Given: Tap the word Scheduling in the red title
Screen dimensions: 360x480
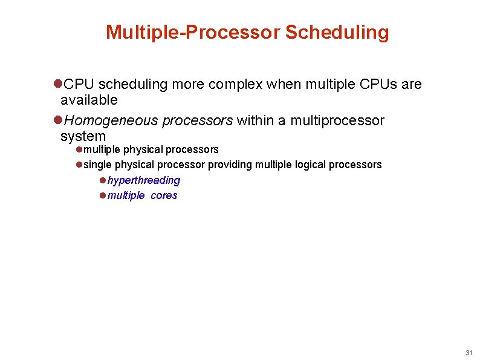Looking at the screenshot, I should point(337,32).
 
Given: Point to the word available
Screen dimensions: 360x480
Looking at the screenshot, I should point(89,99).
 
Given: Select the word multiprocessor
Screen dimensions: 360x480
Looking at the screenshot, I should point(337,121).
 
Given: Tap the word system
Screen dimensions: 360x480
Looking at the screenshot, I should point(83,136).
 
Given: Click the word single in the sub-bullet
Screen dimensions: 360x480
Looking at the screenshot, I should point(97,165).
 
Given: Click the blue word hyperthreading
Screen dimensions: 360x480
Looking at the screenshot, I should point(144,180).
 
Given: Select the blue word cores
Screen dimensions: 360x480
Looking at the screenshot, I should point(164,195).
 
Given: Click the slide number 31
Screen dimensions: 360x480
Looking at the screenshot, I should point(469,353).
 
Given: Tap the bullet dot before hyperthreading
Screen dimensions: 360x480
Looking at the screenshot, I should point(103,180).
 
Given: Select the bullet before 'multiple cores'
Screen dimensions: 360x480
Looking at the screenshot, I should point(103,195).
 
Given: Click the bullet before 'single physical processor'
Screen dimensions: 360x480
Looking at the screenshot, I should point(79,165).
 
